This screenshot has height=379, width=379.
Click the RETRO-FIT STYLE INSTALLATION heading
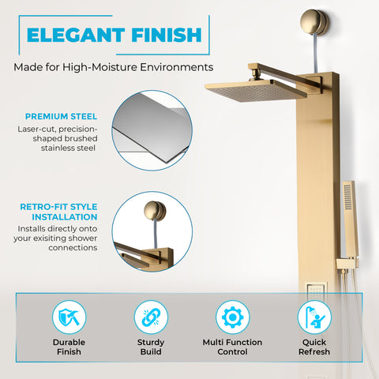(59, 211)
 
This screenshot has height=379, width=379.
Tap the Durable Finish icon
(69, 317)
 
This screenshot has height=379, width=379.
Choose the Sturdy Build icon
(150, 317)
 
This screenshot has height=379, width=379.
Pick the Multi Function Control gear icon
(231, 317)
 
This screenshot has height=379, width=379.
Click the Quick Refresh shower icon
(313, 317)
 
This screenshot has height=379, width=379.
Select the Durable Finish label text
(69, 347)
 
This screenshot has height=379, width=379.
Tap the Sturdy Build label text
(150, 347)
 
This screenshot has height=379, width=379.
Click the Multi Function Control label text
(231, 347)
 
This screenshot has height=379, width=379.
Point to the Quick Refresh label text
(313, 347)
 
